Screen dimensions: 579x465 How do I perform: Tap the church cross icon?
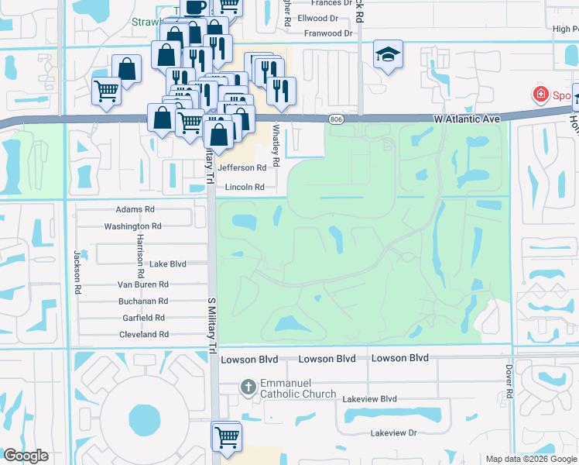(248, 386)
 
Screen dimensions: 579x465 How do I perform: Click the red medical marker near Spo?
(540, 95)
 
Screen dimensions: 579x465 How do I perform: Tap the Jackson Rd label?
(77, 271)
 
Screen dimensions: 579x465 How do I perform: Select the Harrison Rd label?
(140, 255)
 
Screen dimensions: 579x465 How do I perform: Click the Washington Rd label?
(132, 226)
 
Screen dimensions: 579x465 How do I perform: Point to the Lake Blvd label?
(168, 264)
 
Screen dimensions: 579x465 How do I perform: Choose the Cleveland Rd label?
(143, 334)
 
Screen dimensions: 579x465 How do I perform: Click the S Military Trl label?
(211, 325)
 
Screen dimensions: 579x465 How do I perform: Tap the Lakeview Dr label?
(393, 433)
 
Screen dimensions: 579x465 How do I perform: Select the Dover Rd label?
(509, 382)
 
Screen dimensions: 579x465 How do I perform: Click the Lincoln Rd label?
(245, 188)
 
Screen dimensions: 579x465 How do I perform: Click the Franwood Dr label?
(327, 34)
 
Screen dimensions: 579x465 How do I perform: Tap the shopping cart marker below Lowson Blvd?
(227, 436)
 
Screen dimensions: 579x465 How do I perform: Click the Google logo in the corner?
(26, 455)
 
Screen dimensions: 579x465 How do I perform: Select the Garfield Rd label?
(143, 318)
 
